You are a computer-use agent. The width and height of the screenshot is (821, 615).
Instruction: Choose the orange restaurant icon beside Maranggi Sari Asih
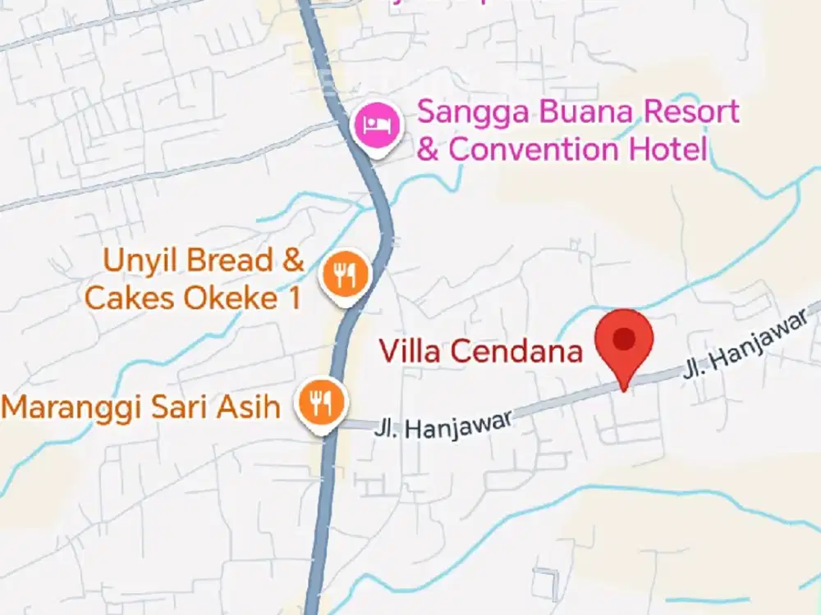tap(321, 402)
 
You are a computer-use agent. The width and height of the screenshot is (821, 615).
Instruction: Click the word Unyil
tap(135, 262)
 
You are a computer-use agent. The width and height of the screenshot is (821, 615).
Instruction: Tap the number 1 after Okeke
tap(294, 298)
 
